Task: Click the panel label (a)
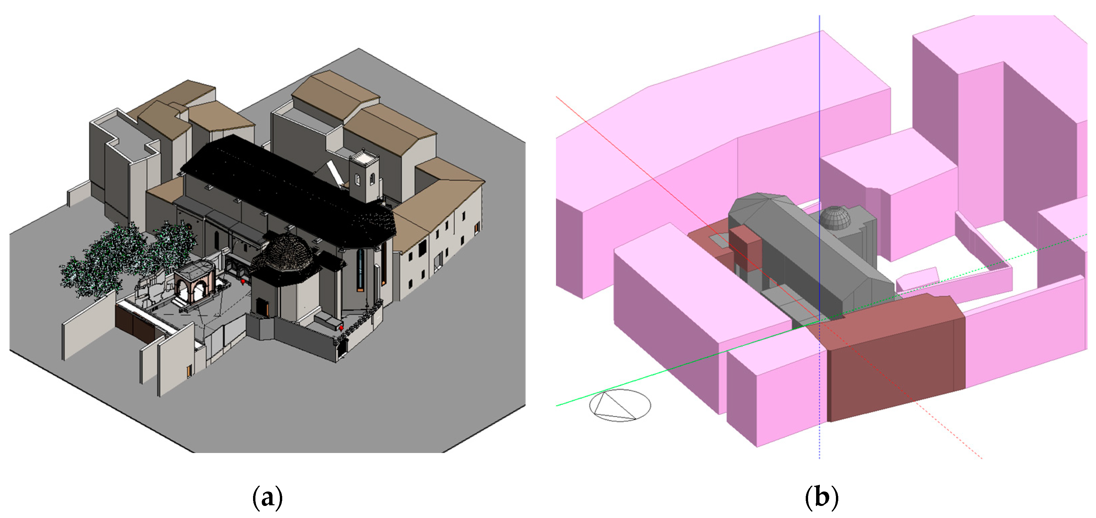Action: coord(267,497)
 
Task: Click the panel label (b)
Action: coord(821,497)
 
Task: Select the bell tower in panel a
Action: coord(364,177)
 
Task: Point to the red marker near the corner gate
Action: coord(341,328)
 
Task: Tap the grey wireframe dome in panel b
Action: coord(835,218)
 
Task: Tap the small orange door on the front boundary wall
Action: coord(188,371)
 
